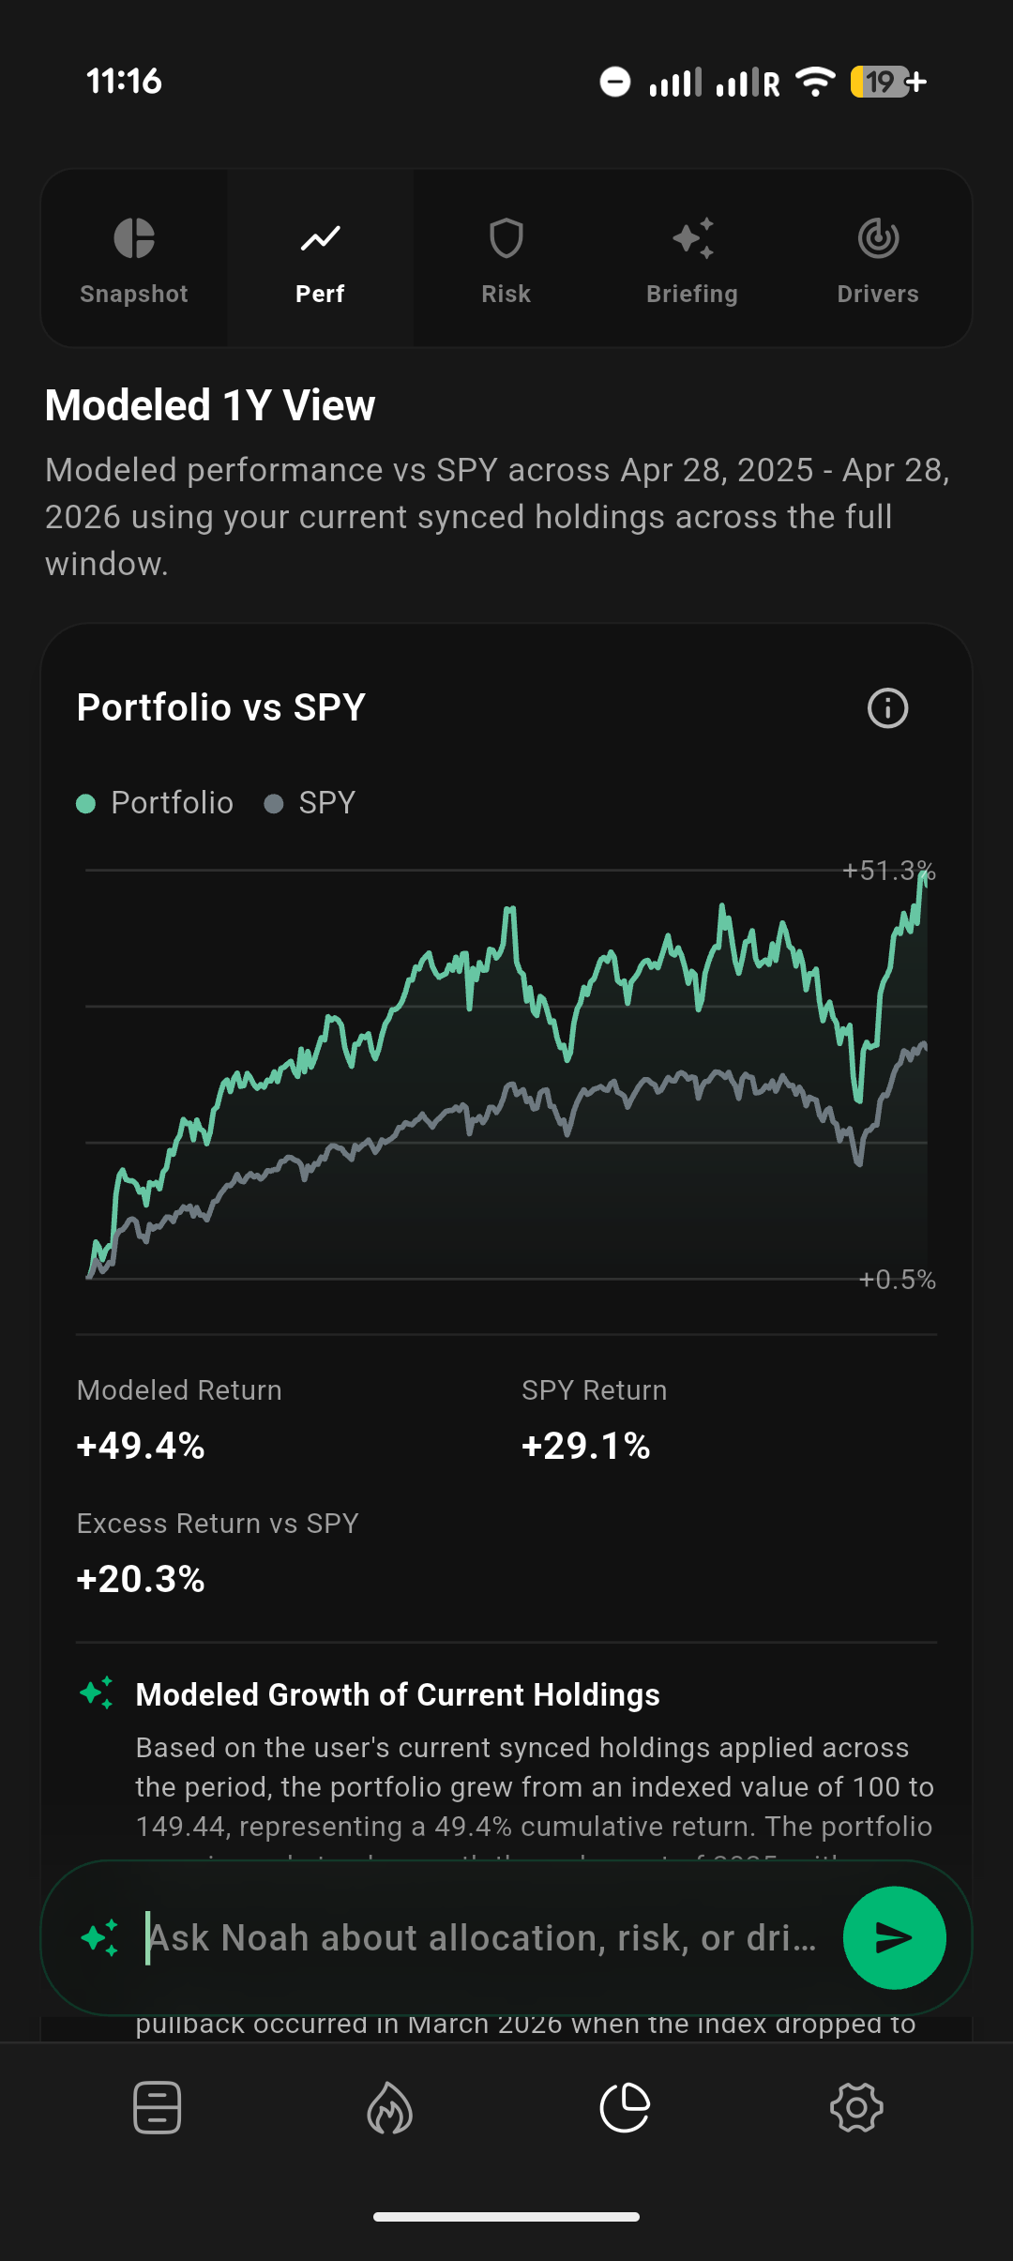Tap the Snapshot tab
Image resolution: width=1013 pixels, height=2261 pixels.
(x=134, y=258)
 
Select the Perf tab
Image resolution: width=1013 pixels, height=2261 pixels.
(x=320, y=258)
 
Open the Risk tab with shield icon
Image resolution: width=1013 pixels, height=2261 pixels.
(x=506, y=258)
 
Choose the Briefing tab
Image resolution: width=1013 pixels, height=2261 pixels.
(x=692, y=258)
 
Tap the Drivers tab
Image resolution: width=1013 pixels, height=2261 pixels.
(x=878, y=258)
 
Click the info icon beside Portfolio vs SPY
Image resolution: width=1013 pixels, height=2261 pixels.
(x=887, y=708)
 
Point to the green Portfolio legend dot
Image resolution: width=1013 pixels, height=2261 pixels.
(x=86, y=804)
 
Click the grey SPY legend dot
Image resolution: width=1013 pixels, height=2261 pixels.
(x=274, y=804)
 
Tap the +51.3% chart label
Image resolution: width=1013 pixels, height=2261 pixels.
(x=888, y=871)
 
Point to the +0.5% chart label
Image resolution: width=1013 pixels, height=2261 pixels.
(x=897, y=1280)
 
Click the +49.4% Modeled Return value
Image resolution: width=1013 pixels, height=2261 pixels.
(x=141, y=1446)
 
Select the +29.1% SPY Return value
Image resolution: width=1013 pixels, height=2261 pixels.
(x=586, y=1446)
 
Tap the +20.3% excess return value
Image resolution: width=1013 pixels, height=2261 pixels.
(x=141, y=1579)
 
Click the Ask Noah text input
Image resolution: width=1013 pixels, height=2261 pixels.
(x=483, y=1937)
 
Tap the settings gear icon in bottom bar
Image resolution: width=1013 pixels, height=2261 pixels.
(x=856, y=2108)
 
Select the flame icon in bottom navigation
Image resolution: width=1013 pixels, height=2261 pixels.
(x=390, y=2108)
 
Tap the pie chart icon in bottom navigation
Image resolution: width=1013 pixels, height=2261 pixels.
(x=625, y=2108)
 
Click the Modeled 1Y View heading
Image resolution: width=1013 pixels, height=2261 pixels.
(x=210, y=405)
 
